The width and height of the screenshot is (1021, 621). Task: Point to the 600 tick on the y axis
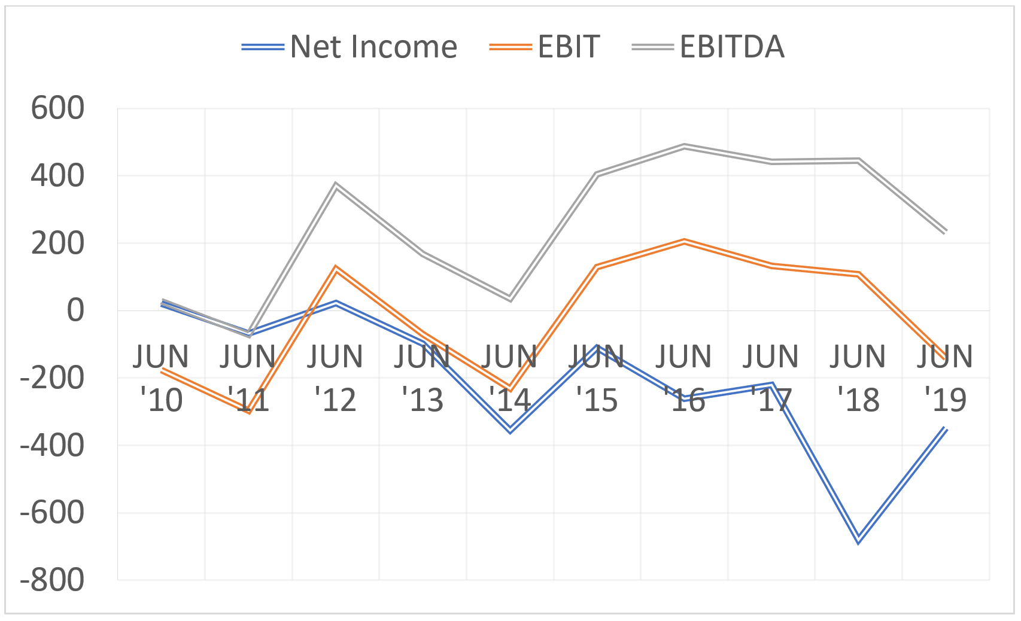click(57, 109)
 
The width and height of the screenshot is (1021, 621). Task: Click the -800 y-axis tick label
click(52, 580)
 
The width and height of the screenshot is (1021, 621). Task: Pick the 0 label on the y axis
click(75, 310)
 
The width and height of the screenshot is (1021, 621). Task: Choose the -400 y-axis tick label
click(52, 446)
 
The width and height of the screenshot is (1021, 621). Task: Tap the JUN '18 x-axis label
click(858, 378)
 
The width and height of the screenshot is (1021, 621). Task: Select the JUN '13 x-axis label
click(423, 378)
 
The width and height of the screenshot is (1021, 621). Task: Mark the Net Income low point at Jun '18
click(858, 540)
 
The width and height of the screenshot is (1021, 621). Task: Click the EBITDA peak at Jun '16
click(684, 146)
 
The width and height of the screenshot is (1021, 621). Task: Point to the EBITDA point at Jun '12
click(336, 185)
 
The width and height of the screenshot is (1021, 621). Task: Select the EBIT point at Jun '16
click(684, 241)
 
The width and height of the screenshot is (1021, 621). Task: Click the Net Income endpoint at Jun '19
click(946, 428)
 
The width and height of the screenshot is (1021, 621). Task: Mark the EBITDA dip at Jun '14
click(510, 298)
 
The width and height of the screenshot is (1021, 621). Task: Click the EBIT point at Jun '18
click(858, 274)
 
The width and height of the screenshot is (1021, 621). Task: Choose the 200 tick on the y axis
click(57, 243)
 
